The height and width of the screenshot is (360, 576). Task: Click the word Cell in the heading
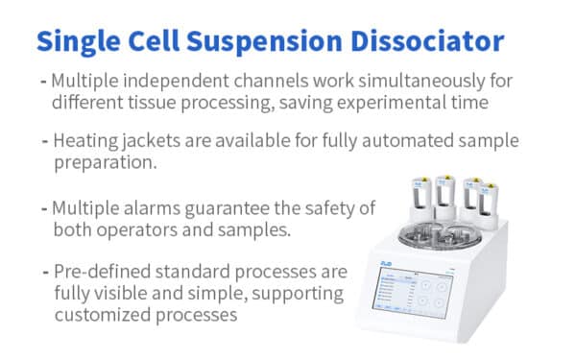(160, 41)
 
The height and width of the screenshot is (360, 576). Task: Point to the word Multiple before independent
(87, 80)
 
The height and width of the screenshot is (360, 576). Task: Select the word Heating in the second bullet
(86, 141)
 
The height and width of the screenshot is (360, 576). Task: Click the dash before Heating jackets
(46, 141)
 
